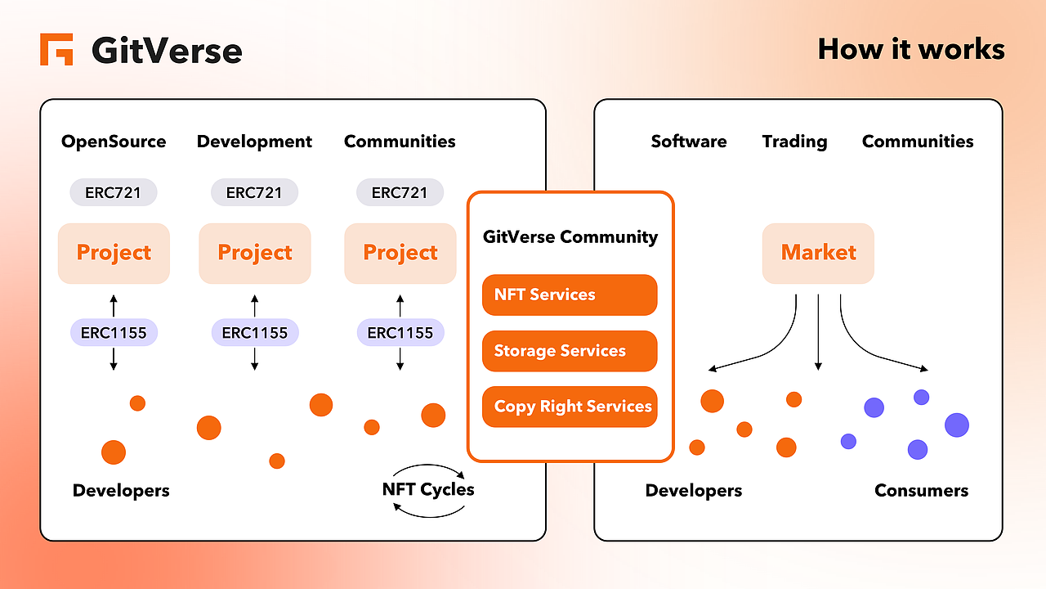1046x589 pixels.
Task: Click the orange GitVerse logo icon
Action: (x=56, y=49)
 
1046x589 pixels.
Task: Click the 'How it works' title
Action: (x=911, y=49)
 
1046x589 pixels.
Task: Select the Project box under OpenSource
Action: (x=114, y=253)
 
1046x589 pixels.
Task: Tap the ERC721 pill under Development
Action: (x=254, y=193)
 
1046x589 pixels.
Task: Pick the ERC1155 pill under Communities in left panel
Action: (x=400, y=333)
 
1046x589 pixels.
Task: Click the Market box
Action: (x=818, y=253)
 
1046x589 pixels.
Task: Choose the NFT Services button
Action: (x=570, y=294)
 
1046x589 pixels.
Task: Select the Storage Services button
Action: (x=570, y=351)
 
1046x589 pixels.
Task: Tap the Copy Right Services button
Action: (x=570, y=407)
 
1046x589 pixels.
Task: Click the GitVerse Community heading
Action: (x=570, y=237)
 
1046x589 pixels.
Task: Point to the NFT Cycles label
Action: (x=428, y=490)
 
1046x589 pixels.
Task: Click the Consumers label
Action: (x=921, y=491)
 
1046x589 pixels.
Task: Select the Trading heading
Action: (x=794, y=142)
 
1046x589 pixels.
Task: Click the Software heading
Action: (x=688, y=142)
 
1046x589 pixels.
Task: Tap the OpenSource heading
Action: (x=114, y=142)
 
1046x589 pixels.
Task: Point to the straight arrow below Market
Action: (x=818, y=331)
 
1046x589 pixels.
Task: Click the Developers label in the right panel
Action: (x=694, y=491)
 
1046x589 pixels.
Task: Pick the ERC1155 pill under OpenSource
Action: (x=114, y=333)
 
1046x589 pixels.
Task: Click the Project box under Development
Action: (x=254, y=253)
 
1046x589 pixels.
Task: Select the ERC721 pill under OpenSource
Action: (x=114, y=193)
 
